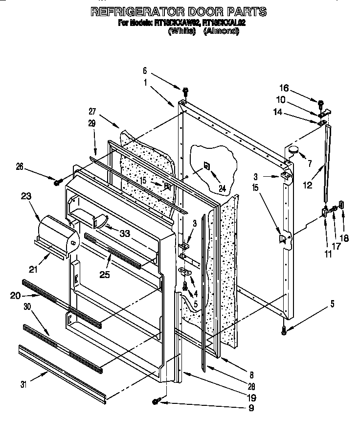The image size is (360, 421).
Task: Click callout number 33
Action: (x=126, y=234)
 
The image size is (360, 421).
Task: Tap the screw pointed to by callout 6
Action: (x=185, y=91)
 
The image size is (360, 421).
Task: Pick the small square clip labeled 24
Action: (x=206, y=165)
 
